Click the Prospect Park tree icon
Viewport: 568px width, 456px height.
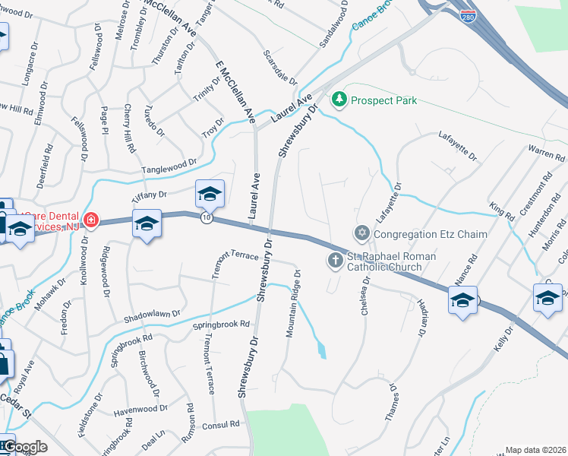pyautogui.click(x=339, y=100)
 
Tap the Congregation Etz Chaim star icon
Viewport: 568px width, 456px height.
pyautogui.click(x=361, y=232)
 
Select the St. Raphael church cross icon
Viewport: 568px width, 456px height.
pyautogui.click(x=335, y=261)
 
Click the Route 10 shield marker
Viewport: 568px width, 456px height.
pyautogui.click(x=207, y=218)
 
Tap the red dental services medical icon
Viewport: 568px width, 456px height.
pyautogui.click(x=91, y=221)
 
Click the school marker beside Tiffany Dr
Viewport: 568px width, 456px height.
pyautogui.click(x=210, y=195)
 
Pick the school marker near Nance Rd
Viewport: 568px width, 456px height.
pyautogui.click(x=462, y=301)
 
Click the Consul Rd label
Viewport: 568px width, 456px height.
pyautogui.click(x=221, y=425)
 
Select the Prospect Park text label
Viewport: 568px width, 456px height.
pyautogui.click(x=383, y=100)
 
